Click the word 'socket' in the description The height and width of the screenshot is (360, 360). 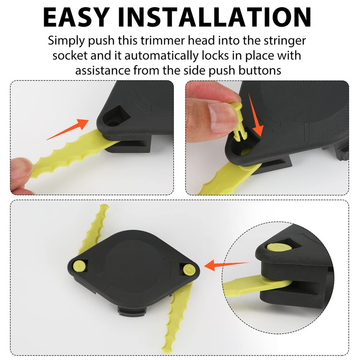(x=71, y=56)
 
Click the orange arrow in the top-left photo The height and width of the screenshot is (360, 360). (x=67, y=128)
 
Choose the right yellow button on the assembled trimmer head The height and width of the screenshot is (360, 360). (x=188, y=268)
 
